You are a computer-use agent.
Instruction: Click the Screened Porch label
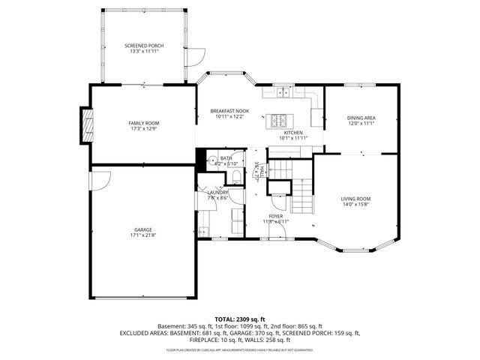(143, 46)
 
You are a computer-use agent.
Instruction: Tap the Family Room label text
(143, 123)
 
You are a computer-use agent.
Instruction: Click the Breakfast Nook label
(229, 111)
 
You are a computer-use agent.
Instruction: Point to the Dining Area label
(361, 118)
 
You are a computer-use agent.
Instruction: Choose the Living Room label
(358, 199)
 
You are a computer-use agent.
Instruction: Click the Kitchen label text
(292, 133)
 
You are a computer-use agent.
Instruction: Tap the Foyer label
(276, 216)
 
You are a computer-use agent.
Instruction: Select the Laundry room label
(217, 193)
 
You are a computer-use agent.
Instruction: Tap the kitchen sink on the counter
(283, 93)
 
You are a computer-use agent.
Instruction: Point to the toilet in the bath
(235, 177)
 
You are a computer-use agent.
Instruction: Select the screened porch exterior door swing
(196, 55)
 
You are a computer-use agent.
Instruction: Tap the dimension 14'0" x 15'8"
(358, 204)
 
